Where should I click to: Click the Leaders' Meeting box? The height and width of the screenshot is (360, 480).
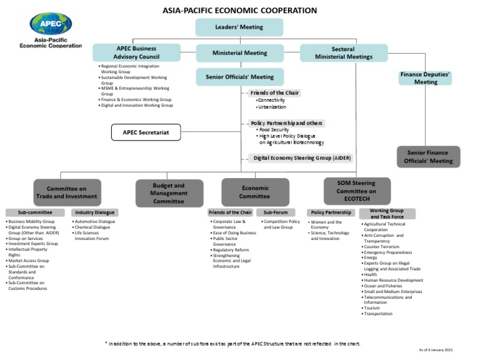pos(239,27)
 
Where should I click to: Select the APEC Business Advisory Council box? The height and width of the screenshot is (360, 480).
pos(136,52)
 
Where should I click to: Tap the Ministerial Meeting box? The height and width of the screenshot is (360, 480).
pos(239,53)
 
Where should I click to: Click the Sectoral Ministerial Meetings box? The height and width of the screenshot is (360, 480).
pos(343,53)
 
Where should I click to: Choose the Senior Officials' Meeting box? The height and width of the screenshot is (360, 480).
pos(239,77)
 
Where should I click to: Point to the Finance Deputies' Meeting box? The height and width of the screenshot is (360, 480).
pos(426,78)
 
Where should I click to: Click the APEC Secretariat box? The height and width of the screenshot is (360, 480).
pos(146,132)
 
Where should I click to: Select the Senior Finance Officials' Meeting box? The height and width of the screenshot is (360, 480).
pos(429,157)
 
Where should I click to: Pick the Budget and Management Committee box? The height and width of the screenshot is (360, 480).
pos(169,193)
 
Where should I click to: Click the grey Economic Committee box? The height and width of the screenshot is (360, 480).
pos(255,192)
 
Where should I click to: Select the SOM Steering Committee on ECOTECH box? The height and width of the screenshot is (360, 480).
pos(356,191)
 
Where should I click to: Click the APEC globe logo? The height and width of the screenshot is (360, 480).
pos(51,24)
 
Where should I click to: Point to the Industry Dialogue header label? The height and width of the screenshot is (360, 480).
pos(94,212)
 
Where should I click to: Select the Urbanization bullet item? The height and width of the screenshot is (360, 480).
pos(272,107)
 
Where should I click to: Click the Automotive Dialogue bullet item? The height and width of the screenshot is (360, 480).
pos(94,221)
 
